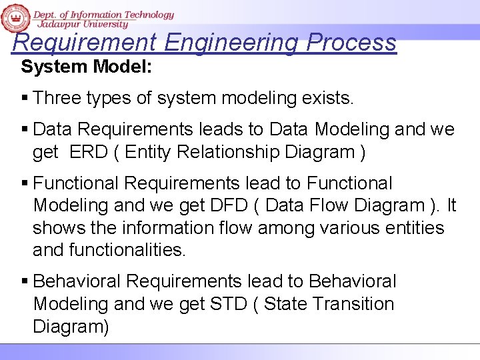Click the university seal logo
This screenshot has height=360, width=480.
pos(15,18)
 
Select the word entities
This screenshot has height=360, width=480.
pos(415,228)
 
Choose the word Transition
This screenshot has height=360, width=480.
pos(355,304)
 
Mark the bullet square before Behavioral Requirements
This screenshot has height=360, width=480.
pos(25,282)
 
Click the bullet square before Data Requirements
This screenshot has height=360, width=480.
pos(25,129)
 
